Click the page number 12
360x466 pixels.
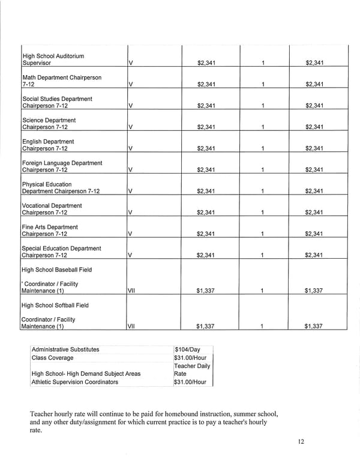(301, 442)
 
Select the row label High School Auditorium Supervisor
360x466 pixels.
(53, 59)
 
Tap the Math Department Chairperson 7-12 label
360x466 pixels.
(61, 81)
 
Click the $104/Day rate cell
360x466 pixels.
(187, 349)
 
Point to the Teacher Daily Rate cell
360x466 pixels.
(191, 369)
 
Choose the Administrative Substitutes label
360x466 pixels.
(65, 349)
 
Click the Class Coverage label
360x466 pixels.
(52, 358)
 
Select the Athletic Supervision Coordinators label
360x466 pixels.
(74, 382)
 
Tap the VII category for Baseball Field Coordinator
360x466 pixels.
(133, 291)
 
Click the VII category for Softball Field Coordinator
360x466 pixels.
(133, 327)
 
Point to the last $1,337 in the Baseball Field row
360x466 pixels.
(314, 291)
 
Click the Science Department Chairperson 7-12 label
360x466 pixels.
(49, 124)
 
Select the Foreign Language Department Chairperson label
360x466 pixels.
(62, 166)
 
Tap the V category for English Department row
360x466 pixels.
(131, 149)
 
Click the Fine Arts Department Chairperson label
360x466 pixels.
(50, 231)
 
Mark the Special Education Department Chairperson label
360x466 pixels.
(61, 252)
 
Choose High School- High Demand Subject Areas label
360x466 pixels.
(86, 374)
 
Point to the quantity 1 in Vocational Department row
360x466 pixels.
(263, 213)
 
